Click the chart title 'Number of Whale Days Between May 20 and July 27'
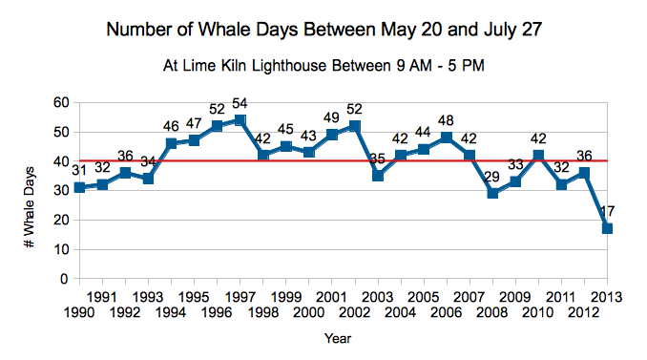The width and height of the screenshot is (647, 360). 323,29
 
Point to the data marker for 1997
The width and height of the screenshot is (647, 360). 240,120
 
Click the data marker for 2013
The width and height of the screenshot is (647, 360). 607,228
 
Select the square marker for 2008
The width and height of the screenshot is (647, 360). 492,193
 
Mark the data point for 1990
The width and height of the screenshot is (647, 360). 79,187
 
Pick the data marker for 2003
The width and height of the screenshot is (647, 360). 378,176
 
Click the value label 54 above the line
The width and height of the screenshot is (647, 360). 240,103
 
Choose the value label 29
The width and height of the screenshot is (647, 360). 492,176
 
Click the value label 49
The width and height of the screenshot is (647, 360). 331,118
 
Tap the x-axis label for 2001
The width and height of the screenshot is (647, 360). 331,296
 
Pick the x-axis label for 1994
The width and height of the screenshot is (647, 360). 171,311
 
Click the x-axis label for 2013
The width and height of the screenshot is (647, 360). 607,296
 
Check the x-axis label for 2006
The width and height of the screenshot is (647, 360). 446,311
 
